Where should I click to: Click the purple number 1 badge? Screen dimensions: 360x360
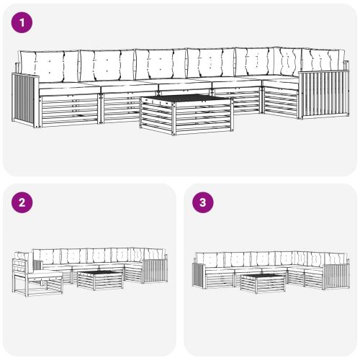coord(24,23)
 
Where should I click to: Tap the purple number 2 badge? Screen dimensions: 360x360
coord(24,202)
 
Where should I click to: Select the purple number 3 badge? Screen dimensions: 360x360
coord(204,202)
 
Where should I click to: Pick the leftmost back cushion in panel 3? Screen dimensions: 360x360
coord(210,259)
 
